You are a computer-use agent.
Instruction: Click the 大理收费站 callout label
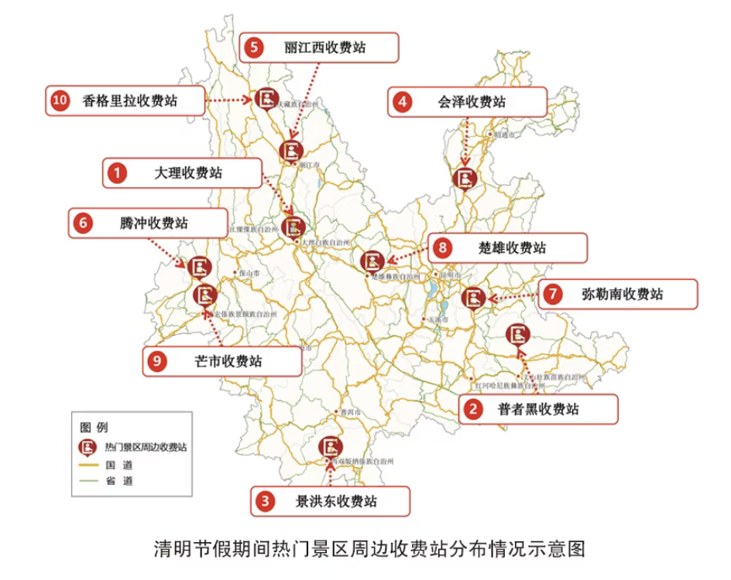point(188,173)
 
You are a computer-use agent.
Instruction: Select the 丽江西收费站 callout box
point(324,48)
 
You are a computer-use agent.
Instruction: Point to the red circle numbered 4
point(403,101)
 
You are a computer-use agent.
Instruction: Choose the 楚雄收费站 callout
point(512,248)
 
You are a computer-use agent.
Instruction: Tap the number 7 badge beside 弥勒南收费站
point(552,294)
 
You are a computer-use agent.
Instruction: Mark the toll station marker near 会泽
point(465,177)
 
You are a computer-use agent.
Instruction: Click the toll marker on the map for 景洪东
point(331,447)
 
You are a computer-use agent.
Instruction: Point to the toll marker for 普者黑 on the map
point(517,335)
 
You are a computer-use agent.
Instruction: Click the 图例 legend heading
point(94,427)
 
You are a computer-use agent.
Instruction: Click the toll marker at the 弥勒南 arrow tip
point(473,297)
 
